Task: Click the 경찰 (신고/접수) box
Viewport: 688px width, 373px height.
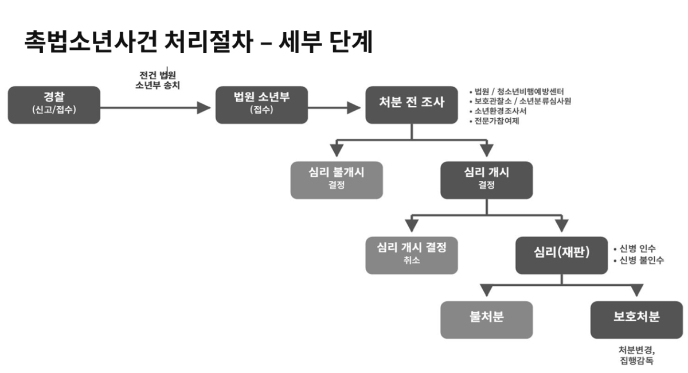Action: coord(54,105)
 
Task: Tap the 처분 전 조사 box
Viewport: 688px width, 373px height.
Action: coord(412,105)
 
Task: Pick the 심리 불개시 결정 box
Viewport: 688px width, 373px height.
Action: coord(336,180)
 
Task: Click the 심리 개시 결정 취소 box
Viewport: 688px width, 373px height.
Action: coord(412,255)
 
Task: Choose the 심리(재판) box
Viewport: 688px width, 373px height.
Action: coord(561,255)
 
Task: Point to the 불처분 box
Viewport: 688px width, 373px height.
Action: coord(486,320)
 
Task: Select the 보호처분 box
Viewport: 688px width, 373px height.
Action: coord(636,320)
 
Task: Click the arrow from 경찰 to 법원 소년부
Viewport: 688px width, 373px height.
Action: coord(155,107)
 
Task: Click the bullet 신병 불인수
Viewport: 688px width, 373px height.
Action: coord(641,260)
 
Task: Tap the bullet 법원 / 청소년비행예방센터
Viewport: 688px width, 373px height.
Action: coord(519,91)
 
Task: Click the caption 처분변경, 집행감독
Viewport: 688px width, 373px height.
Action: coord(636,355)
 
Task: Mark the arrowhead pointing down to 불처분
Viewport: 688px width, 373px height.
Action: coord(486,290)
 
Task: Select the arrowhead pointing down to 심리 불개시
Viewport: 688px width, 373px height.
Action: coord(337,150)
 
